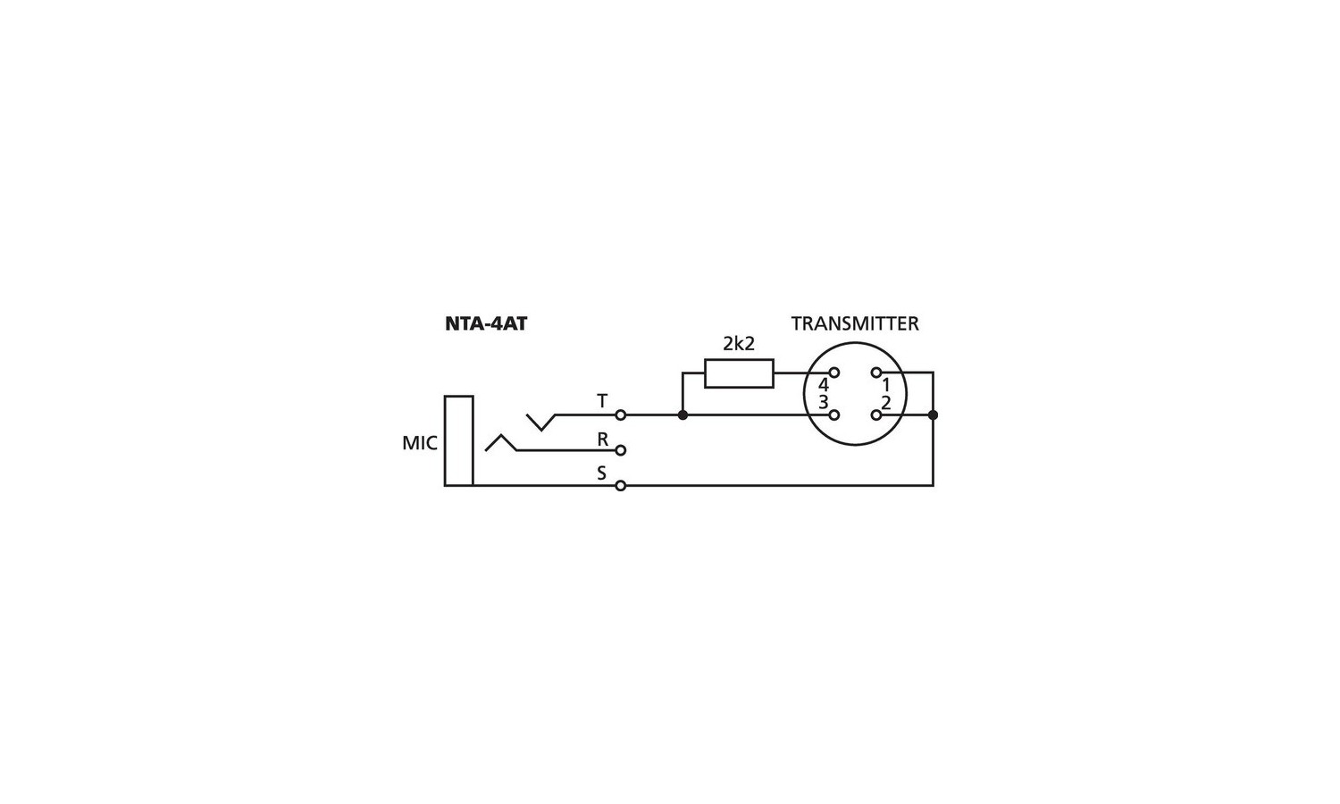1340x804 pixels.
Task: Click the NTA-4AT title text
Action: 486,323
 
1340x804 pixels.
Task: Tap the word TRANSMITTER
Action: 855,323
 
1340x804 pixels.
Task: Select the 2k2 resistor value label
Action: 739,343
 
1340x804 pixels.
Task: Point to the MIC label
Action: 419,443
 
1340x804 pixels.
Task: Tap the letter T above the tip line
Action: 602,401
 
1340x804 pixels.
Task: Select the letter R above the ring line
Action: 602,440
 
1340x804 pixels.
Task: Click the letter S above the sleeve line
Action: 602,473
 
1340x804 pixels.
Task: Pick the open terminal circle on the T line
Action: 620,415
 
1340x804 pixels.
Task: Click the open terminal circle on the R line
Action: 620,450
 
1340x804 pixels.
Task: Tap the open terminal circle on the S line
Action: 620,486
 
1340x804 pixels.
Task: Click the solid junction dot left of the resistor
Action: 683,415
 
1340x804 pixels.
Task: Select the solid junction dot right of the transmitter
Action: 933,415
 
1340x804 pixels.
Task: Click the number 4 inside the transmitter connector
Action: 824,385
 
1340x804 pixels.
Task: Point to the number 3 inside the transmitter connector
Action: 824,403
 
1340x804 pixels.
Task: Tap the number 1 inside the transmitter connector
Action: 886,385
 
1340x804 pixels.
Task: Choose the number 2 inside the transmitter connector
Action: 886,403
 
